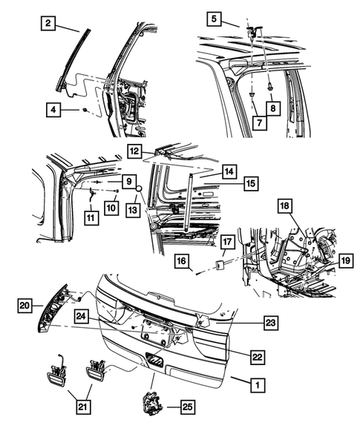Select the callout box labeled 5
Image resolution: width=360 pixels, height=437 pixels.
pyautogui.click(x=213, y=18)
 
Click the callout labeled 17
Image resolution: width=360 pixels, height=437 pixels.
pyautogui.click(x=228, y=241)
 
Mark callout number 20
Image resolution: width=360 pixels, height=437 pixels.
pyautogui.click(x=24, y=305)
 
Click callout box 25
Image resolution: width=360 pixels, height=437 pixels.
pyautogui.click(x=186, y=407)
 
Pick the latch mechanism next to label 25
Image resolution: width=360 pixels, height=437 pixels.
pyautogui.click(x=151, y=405)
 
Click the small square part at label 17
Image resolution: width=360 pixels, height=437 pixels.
pyautogui.click(x=220, y=263)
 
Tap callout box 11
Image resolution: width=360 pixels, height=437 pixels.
pyautogui.click(x=90, y=219)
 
